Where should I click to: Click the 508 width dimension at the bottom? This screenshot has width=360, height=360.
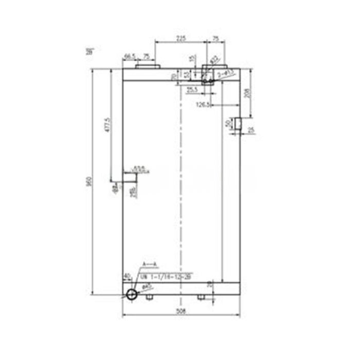[181, 310]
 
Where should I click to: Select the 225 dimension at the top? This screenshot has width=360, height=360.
[181, 38]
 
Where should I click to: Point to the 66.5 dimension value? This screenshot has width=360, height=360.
[129, 56]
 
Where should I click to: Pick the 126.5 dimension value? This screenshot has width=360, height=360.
[203, 105]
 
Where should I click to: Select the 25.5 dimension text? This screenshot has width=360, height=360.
[192, 90]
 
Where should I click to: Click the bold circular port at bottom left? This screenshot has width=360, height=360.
[132, 294]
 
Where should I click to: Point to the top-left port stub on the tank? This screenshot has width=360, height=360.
[148, 65]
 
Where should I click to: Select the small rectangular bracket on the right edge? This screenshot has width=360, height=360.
[238, 123]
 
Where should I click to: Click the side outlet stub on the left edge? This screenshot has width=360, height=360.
[130, 177]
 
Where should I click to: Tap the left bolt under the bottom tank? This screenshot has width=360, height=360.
[149, 297]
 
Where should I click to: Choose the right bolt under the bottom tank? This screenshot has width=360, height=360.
[201, 297]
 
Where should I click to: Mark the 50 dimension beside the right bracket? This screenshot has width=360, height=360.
[228, 123]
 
